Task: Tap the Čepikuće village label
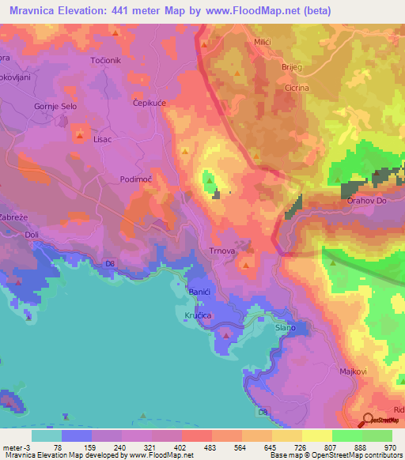coord(148,102)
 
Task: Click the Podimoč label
coord(135,179)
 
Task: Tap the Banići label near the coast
coord(199,292)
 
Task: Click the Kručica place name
coord(202,314)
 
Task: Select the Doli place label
coord(32,236)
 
